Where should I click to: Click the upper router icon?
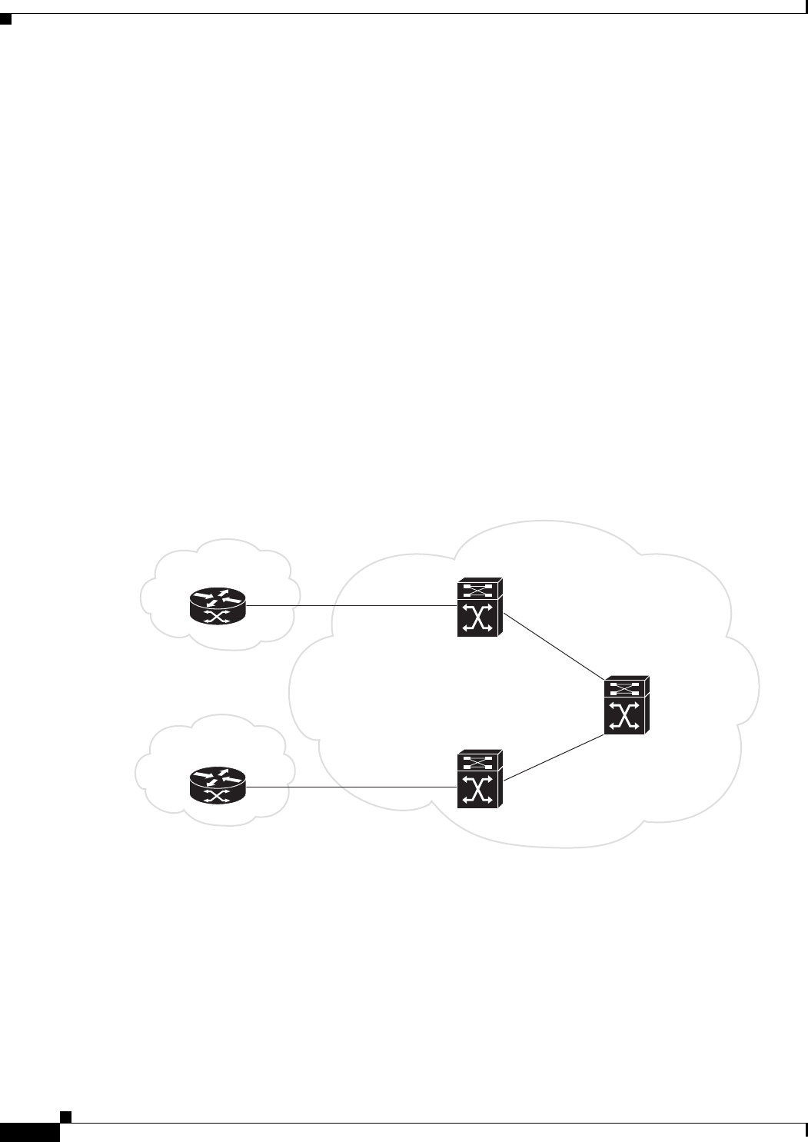tap(218, 606)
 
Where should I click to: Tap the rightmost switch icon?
tap(627, 705)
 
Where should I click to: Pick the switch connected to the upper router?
tap(479, 608)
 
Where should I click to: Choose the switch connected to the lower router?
tap(479, 779)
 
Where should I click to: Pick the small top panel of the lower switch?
tap(477, 761)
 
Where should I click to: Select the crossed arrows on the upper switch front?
tap(477, 619)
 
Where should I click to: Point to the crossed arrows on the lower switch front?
tap(477, 791)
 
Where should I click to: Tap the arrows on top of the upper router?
tap(218, 598)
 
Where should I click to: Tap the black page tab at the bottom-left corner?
tap(29, 1133)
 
